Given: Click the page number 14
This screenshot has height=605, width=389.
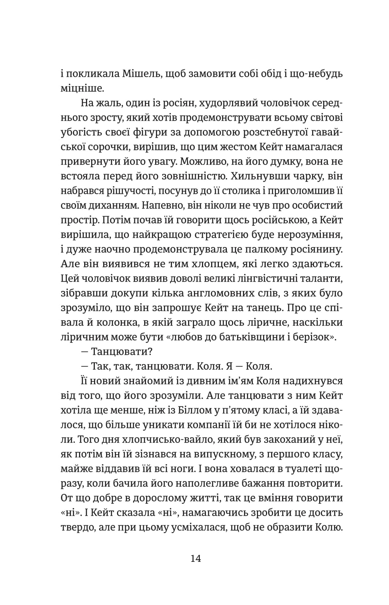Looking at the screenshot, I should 195,559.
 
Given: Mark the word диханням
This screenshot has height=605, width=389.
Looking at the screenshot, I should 111,205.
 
